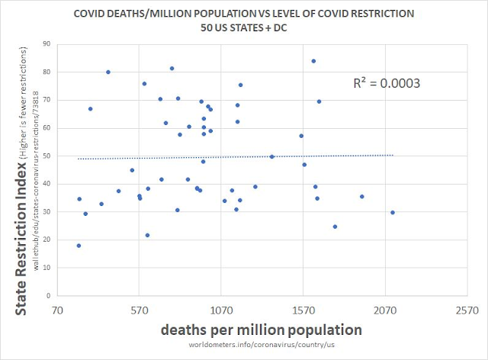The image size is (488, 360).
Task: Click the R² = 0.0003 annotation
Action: pyautogui.click(x=387, y=82)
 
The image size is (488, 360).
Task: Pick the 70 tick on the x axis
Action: pyautogui.click(x=57, y=311)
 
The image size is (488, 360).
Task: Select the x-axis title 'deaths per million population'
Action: pyautogui.click(x=261, y=330)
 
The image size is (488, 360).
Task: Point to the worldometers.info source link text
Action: pyautogui.click(x=261, y=347)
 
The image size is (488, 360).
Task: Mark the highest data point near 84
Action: pyautogui.click(x=313, y=61)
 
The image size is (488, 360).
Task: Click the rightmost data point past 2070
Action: pyautogui.click(x=393, y=213)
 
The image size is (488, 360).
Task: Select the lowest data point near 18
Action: pyautogui.click(x=79, y=246)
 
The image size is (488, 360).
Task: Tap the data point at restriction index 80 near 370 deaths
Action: pyautogui.click(x=108, y=72)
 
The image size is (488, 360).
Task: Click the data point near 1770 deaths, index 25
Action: pyautogui.click(x=335, y=227)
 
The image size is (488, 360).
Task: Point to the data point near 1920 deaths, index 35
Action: pyautogui.click(x=361, y=197)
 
